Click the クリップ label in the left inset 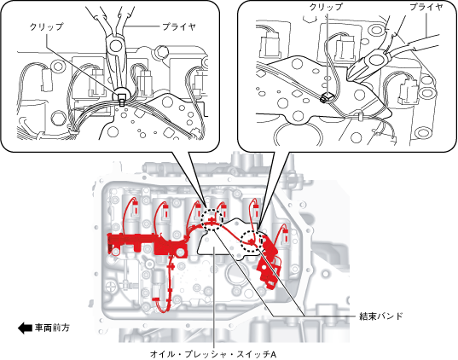click(x=46, y=27)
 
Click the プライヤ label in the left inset click(x=179, y=27)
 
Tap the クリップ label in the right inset click(x=326, y=7)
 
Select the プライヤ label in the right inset click(x=426, y=7)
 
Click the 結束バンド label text click(x=381, y=316)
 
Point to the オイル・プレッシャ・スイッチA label click(x=213, y=354)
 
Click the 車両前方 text click(x=52, y=328)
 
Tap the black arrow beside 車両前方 click(x=25, y=328)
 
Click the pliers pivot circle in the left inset click(x=116, y=45)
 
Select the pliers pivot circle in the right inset click(x=374, y=61)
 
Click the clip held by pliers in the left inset click(x=121, y=98)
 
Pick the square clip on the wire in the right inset click(x=328, y=96)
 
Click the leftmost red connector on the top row click(x=136, y=208)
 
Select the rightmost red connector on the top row click(x=286, y=235)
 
